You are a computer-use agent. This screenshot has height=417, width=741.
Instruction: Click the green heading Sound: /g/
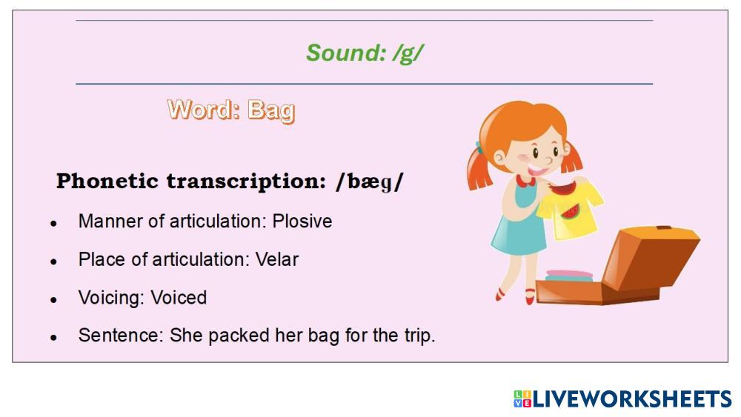365,53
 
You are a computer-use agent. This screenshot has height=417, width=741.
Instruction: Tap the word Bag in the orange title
271,111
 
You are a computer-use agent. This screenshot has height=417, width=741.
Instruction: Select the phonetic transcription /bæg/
370,181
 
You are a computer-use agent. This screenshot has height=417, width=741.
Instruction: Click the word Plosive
302,221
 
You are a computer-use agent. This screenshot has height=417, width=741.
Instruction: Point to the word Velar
277,259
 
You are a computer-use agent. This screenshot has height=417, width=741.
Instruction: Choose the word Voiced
179,298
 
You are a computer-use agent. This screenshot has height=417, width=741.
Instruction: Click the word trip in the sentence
419,336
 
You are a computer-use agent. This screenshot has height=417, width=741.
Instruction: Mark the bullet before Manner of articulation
54,224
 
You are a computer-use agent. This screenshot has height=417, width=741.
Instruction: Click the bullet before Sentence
54,338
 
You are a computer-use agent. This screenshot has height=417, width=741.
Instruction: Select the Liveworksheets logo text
632,399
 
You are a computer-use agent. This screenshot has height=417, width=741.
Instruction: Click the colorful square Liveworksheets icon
522,399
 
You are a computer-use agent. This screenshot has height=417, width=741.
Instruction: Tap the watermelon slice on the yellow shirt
571,212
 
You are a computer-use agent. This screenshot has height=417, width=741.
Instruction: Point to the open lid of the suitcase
651,257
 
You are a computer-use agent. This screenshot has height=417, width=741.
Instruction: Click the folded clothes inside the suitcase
569,276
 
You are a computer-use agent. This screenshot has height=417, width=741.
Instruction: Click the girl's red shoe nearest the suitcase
530,296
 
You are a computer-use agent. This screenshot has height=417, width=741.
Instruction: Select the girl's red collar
525,181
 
